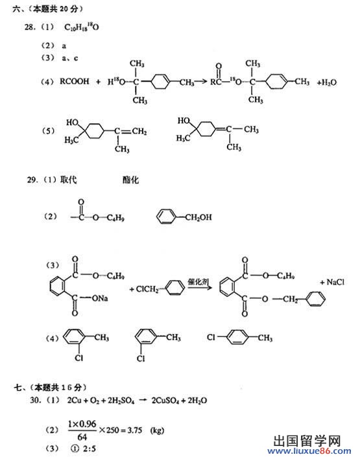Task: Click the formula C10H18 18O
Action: (81, 27)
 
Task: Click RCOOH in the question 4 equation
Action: (74, 81)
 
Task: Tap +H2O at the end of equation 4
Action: (327, 82)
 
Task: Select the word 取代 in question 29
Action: (69, 180)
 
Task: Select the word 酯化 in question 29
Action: (130, 180)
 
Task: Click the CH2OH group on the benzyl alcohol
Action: (198, 217)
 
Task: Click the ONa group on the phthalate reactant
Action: (100, 298)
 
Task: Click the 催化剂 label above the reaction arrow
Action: (198, 281)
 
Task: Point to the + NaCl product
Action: (332, 282)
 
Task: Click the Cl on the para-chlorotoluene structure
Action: (211, 337)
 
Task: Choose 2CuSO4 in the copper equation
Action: (165, 401)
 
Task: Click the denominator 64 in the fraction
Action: (82, 437)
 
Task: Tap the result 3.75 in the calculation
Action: (135, 430)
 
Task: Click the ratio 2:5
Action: (90, 449)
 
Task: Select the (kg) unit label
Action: (157, 430)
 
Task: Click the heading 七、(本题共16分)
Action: (50, 388)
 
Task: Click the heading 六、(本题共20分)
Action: (48, 9)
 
